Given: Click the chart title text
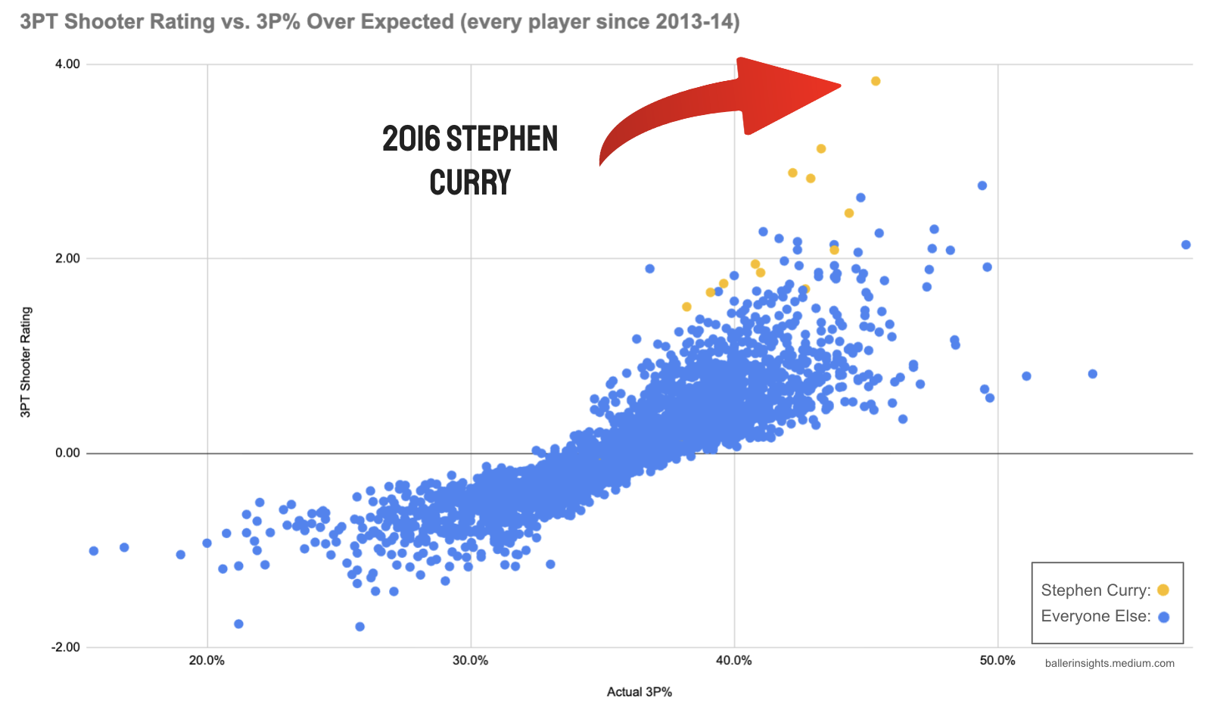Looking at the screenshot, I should [x=379, y=21].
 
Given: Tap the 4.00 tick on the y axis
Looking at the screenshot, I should [x=67, y=64].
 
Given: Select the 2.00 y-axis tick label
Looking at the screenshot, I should [x=67, y=259].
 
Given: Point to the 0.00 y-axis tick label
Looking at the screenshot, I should [x=67, y=453].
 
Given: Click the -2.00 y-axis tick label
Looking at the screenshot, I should [x=65, y=648].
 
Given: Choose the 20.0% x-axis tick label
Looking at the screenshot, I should [x=207, y=661].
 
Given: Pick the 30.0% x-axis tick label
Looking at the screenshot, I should [x=470, y=661].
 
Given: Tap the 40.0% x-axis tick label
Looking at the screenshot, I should [x=733, y=661].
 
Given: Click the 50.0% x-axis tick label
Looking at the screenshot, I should [x=997, y=661].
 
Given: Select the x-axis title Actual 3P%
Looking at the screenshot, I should [x=639, y=692].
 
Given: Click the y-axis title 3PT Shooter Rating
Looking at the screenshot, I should [x=26, y=362].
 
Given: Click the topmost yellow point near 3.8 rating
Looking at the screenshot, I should [x=876, y=81].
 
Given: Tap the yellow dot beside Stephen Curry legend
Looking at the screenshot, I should [x=1163, y=590].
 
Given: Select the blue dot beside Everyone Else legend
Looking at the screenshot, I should [x=1163, y=617].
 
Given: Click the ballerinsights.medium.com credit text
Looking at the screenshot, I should [x=1110, y=664].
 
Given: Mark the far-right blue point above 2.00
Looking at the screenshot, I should [x=1186, y=244].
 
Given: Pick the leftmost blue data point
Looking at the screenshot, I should [x=94, y=551].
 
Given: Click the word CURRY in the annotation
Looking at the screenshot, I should [x=470, y=183].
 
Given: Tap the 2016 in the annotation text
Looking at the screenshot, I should [x=411, y=139].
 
